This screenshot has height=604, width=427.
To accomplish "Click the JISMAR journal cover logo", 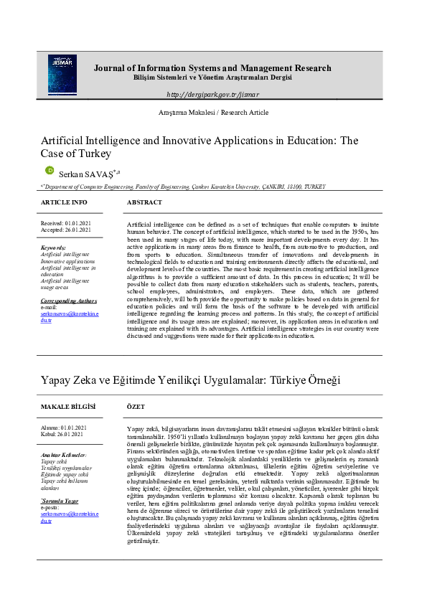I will coord(62,75).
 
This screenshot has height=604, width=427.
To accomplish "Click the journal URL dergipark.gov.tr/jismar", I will coord(212,95).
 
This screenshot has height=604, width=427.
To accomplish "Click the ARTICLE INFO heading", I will coord(64,203).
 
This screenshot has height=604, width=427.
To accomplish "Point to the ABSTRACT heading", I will coord(144,203).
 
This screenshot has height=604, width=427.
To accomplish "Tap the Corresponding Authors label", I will coord(69,301).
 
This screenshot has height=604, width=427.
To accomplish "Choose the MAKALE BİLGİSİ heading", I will coord(67,407).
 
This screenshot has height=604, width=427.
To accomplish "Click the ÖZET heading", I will coord(136,407).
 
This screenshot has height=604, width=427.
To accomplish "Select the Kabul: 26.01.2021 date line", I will coord(62,434).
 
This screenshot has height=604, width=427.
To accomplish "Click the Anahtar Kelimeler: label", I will coord(64,456).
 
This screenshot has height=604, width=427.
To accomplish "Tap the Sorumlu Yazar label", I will coord(59,480).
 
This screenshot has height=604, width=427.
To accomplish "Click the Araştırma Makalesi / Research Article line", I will coord(213,113).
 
